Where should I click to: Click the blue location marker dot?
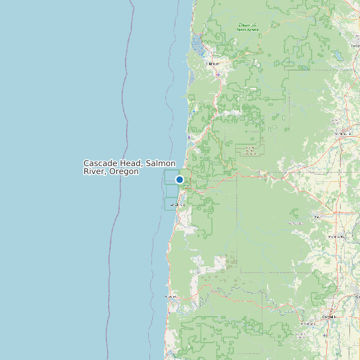pos(179,179)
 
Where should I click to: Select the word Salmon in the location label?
pos(161,163)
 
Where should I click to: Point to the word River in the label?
pos(93,171)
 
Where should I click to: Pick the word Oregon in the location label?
pos(124,171)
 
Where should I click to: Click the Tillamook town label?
pos(213,63)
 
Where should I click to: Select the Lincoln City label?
pos(177,205)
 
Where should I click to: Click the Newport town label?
pos(171,296)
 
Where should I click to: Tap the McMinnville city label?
pos(343,134)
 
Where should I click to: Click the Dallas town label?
pos(317,217)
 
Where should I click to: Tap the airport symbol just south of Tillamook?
pos(219,74)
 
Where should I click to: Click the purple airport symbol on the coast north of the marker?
pos(189,137)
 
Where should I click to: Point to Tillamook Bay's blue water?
pos(197,45)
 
